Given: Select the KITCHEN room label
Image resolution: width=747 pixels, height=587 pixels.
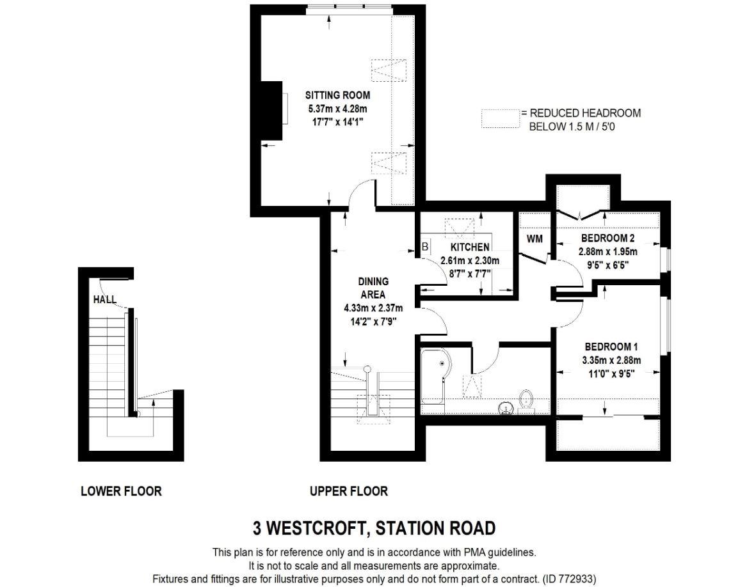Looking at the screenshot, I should [x=470, y=247].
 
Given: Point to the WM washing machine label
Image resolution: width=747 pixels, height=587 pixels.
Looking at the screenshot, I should [x=534, y=239].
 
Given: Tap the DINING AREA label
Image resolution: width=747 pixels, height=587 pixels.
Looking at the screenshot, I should [x=373, y=288].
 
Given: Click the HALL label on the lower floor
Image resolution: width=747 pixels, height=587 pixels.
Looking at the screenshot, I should [x=105, y=299].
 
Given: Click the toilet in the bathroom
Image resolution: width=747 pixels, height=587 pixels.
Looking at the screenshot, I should [x=527, y=400].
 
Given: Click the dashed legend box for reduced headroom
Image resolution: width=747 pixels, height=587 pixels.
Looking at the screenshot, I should [x=501, y=119].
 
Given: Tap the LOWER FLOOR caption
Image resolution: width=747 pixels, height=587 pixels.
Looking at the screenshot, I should [x=121, y=491].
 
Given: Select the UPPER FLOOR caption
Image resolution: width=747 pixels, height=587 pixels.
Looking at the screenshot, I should [x=349, y=491].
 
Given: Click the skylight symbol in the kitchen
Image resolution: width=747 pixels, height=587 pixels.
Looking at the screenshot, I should [x=460, y=228].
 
